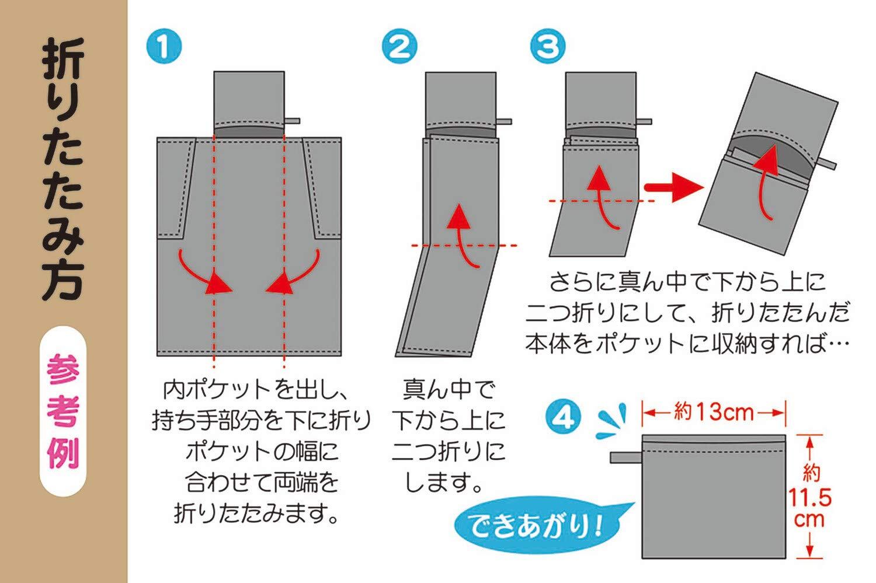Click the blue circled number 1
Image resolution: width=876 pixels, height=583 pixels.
coord(164,46)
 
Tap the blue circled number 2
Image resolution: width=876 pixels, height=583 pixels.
coord(399,46)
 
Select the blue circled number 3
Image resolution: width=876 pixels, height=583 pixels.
coord(548,46)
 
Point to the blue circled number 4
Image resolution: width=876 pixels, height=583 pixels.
coord(563,417)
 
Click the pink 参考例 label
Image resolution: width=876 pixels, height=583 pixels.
coord(63,411)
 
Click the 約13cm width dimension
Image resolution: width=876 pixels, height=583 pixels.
coord(714,412)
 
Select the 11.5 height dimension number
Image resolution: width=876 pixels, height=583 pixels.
coord(809,497)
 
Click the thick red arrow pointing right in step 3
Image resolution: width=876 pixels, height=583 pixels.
coord(673,187)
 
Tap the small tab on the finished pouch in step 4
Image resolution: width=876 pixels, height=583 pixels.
coord(625,458)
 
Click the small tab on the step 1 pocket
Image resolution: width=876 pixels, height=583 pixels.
coord(292,121)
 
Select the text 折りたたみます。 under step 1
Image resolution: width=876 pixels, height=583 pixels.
coord(256,513)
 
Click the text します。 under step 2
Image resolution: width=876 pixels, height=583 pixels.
coord(443,482)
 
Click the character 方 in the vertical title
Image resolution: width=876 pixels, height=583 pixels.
coord(63,281)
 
